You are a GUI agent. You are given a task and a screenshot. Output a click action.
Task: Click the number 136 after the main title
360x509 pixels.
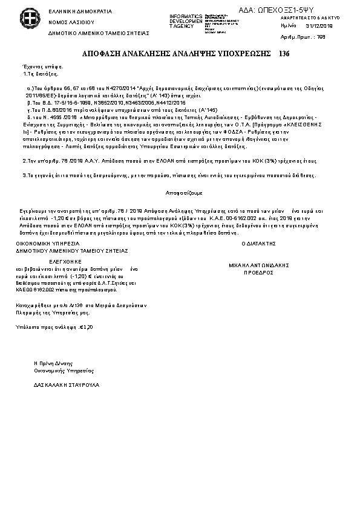coord(284,53)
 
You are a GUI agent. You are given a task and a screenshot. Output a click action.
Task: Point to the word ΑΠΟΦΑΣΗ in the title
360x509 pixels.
coord(99,53)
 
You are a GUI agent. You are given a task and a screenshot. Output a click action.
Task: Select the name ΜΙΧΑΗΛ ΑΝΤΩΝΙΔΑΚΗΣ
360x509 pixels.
coord(258,265)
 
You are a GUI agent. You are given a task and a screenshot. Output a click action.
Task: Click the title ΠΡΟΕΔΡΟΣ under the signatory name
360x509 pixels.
coord(258,273)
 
